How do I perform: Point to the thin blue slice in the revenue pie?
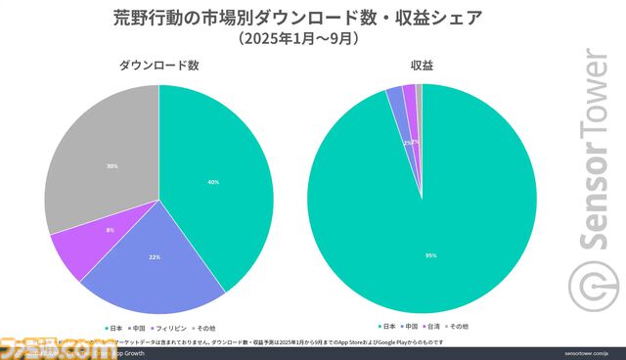point(395,94)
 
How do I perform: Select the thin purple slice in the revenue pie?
point(409,91)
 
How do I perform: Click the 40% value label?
point(213,183)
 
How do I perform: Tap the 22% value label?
point(154,256)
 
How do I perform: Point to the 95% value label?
point(431,255)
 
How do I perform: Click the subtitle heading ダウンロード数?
point(159,66)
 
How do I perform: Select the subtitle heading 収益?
point(424,66)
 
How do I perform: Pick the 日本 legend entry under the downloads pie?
point(113,325)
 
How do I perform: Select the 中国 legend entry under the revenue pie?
point(408,325)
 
